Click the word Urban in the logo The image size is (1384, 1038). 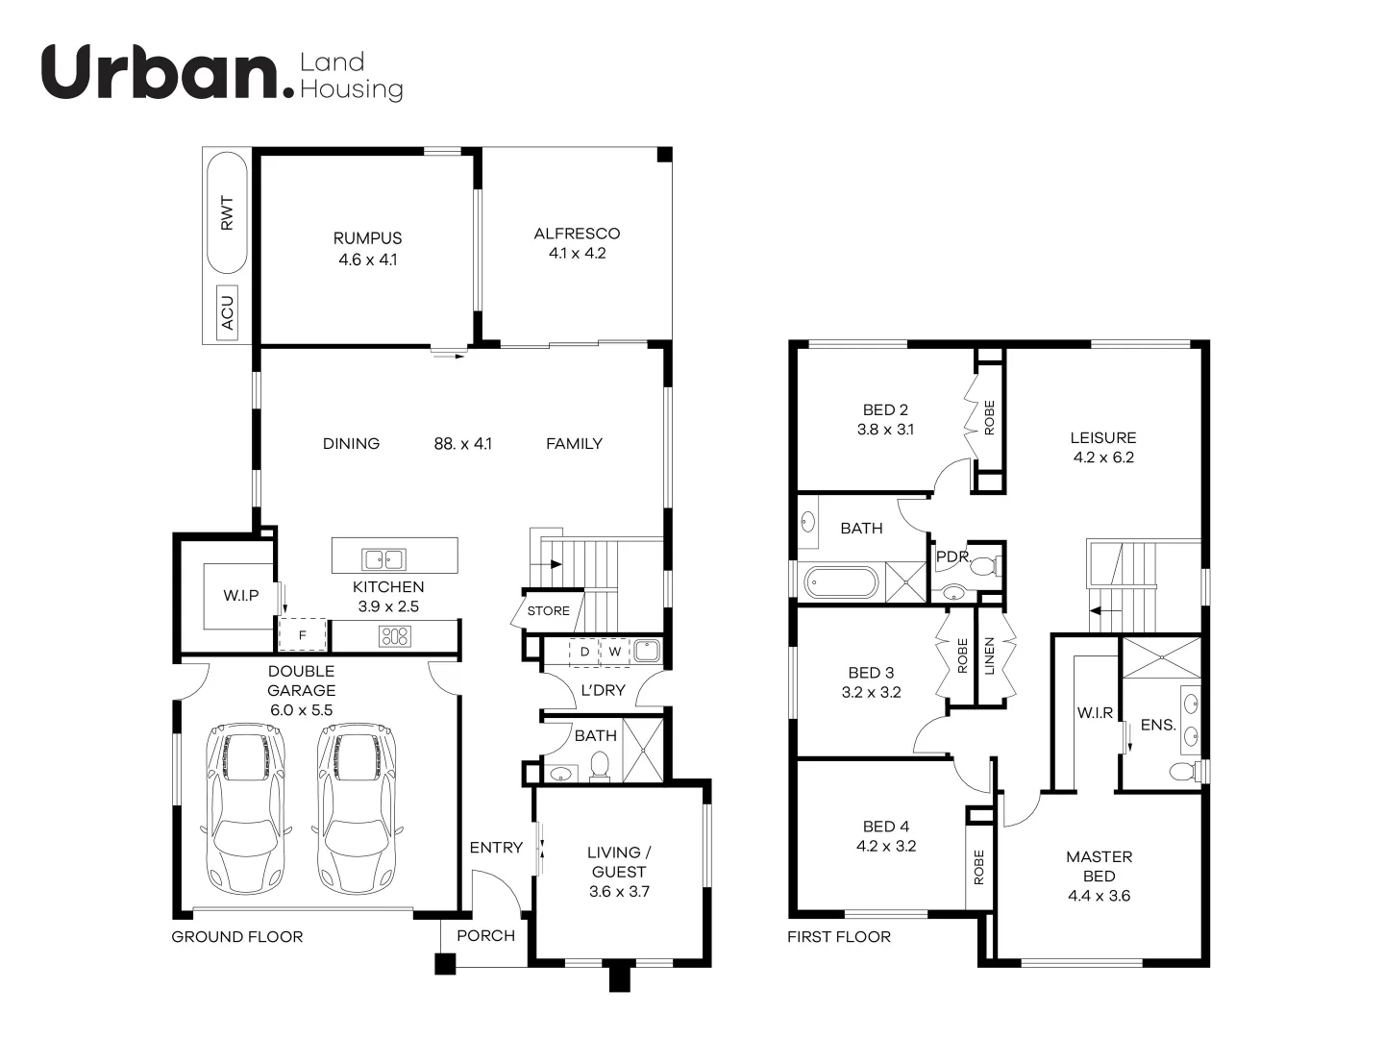point(160,73)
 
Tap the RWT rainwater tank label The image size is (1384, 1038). point(227,212)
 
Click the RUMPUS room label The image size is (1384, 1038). point(367,238)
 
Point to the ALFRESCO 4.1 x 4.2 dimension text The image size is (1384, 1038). point(577,254)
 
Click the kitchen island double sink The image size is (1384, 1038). point(383,558)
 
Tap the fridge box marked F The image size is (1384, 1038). point(303,635)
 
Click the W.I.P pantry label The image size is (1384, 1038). point(241,596)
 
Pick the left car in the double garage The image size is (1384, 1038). point(246,807)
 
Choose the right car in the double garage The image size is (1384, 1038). point(356,807)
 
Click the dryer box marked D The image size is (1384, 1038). point(583,652)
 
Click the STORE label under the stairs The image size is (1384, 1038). point(548,611)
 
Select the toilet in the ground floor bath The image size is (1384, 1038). point(600,766)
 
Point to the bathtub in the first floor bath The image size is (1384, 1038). point(841,582)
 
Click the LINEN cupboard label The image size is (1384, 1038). point(990,656)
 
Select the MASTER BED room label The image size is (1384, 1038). point(1099,866)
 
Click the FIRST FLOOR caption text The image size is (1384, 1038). point(839,937)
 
